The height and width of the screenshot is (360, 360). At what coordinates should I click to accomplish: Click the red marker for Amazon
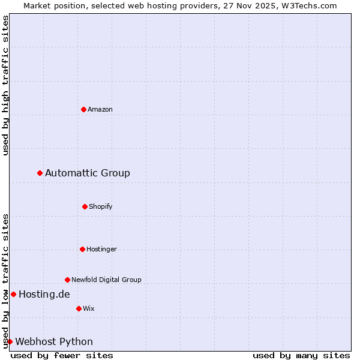(x=83, y=109)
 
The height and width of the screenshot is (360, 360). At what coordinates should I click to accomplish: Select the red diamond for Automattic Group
(x=40, y=173)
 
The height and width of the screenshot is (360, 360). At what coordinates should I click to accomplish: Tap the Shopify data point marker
(x=85, y=206)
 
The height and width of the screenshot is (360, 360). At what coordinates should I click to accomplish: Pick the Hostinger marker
(x=82, y=249)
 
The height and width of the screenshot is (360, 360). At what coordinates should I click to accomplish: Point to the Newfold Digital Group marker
(x=67, y=280)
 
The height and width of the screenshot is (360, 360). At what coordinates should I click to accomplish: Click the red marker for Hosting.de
(x=13, y=294)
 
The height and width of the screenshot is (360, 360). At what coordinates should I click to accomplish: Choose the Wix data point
(x=79, y=308)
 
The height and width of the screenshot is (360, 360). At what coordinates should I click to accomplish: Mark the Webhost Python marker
(x=10, y=341)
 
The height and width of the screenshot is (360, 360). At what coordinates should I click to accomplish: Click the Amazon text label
(x=100, y=109)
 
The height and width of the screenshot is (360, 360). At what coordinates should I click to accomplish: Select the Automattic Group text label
(x=88, y=173)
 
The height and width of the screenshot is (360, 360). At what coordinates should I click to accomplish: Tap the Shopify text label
(x=101, y=206)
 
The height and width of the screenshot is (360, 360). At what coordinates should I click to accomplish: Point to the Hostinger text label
(x=101, y=249)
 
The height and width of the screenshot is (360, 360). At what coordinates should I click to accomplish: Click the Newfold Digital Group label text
(x=106, y=280)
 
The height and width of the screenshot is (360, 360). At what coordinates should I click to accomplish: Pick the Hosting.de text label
(x=44, y=294)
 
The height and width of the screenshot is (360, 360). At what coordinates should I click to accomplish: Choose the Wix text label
(x=89, y=308)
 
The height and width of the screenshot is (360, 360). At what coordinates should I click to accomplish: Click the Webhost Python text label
(x=54, y=341)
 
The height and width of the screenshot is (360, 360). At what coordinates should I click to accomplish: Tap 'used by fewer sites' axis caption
(x=62, y=355)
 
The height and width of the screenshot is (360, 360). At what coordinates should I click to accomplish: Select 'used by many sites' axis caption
(x=301, y=355)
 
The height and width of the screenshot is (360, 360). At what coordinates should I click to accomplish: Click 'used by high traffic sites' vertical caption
(x=5, y=85)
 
